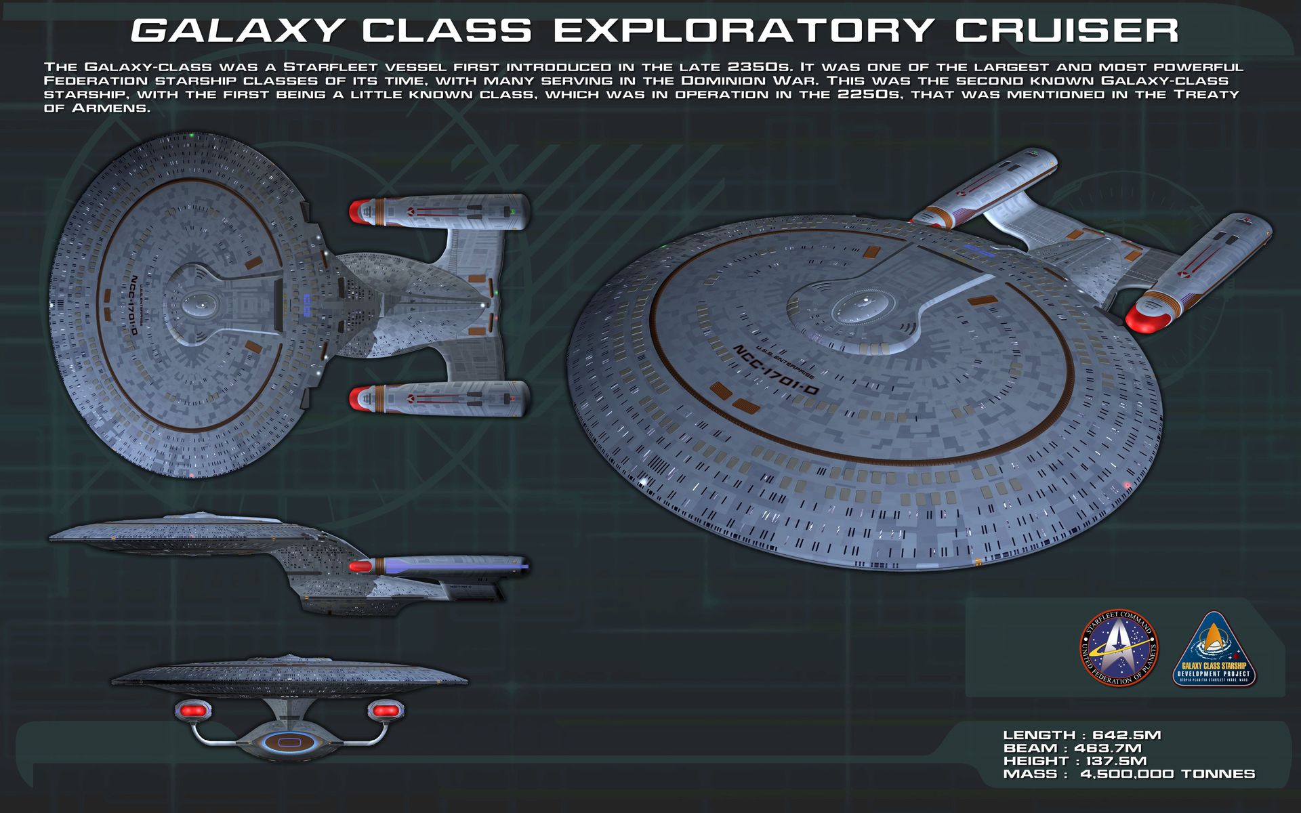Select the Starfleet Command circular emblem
[x=1118, y=648]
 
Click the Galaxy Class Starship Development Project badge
[x=1214, y=650]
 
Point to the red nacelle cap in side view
[x=360, y=566]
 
